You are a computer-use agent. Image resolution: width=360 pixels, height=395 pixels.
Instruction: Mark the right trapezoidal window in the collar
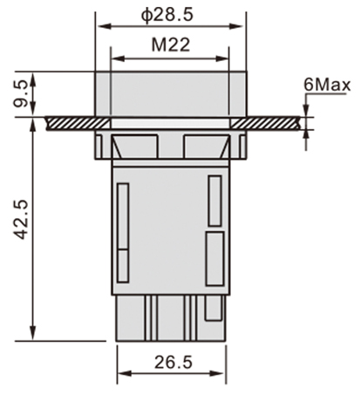point(205,144)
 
